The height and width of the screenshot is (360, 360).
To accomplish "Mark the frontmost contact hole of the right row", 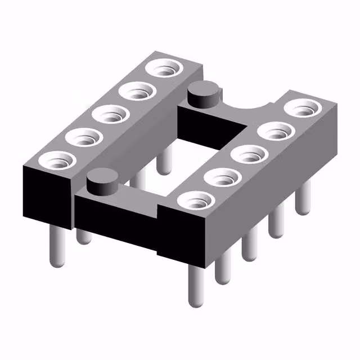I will click(195, 200).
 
